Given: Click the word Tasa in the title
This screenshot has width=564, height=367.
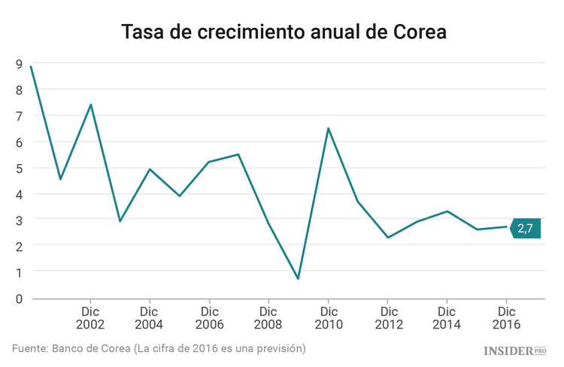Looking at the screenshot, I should [x=144, y=33].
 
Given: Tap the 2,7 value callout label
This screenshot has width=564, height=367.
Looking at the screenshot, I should [x=525, y=228].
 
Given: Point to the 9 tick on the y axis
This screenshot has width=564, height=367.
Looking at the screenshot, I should [x=17, y=64].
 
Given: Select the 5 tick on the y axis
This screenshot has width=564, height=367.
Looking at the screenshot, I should [x=17, y=168].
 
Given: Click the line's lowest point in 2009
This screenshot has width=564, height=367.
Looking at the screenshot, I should [x=298, y=279].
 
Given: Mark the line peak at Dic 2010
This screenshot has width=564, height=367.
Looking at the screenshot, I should [x=328, y=129].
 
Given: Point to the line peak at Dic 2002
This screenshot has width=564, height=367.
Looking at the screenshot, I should [x=90, y=105].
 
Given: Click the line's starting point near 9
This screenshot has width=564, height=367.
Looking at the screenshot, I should [x=31, y=66].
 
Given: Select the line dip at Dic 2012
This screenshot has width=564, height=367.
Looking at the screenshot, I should [x=387, y=238].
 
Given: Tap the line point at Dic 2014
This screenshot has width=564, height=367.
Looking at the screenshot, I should [x=447, y=211].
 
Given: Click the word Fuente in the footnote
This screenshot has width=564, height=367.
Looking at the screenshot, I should [x=28, y=349].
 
